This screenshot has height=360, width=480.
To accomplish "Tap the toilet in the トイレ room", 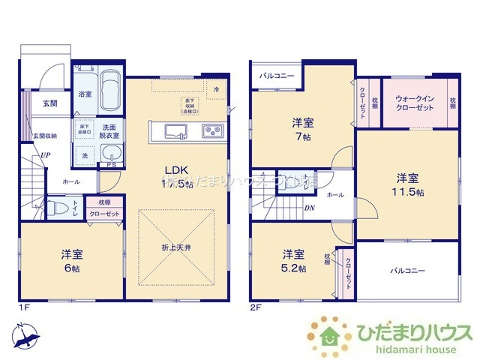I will coord(58,206).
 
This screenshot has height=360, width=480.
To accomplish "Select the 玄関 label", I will coord(49,103).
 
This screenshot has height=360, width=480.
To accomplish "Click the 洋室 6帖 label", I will coord(72,261).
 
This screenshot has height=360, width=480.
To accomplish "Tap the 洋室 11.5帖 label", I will coord(408,184).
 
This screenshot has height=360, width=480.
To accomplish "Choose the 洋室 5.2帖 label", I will coord(293,260).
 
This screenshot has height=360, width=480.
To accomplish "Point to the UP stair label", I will coord(46,155).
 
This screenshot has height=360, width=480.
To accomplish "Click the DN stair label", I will coord(309,210).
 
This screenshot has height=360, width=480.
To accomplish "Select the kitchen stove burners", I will coord(211,131).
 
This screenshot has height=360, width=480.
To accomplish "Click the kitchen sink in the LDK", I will coord(175,133).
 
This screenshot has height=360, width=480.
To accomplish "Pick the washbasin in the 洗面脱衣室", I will coord(111,155).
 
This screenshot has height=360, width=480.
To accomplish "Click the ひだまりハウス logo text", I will coord(409,332).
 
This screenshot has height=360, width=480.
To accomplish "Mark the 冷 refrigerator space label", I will coord(215,88).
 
